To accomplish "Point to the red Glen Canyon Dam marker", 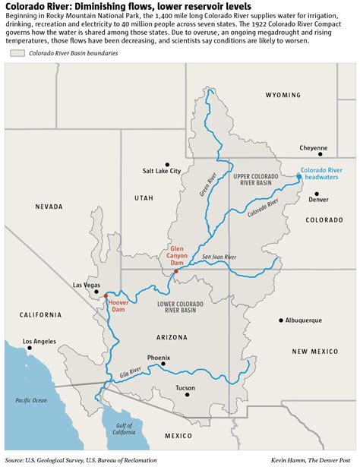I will click(176, 271).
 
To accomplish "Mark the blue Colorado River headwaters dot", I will click(299, 177).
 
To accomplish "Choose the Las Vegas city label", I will click(86, 285).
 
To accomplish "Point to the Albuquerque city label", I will click(308, 320).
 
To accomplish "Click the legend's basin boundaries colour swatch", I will click(17, 74).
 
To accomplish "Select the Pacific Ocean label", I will click(30, 400).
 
